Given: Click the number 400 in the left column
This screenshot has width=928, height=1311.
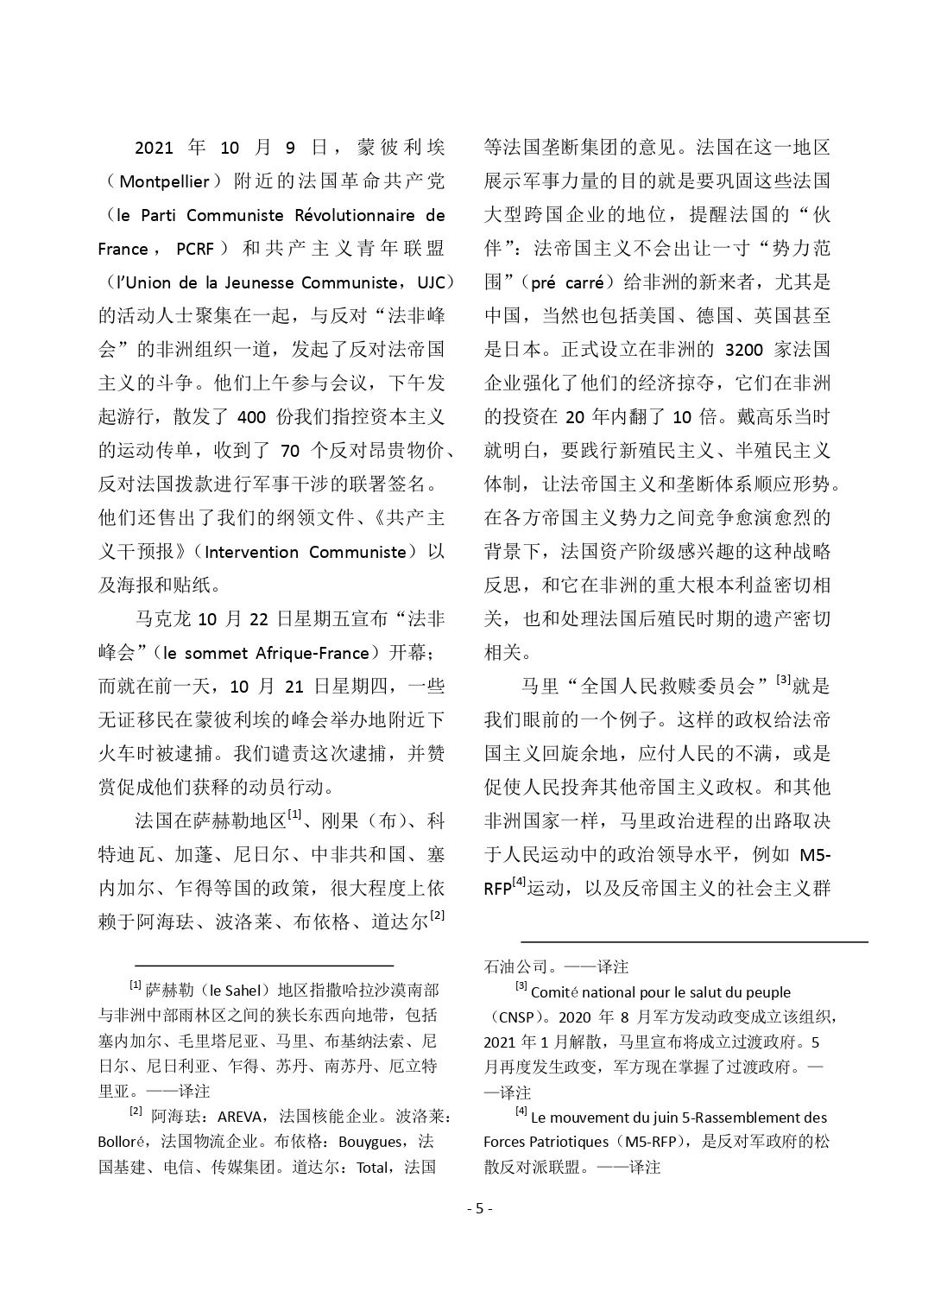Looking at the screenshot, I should (250, 417).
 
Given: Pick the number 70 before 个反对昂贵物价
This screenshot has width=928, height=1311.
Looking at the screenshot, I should (291, 450).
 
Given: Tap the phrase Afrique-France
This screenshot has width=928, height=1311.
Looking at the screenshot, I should (325, 652).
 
